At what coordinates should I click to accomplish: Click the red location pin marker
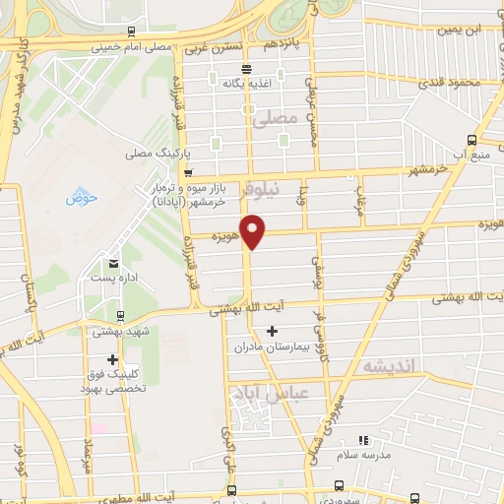pos(254,232)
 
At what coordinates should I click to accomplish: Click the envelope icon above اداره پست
pos(115,263)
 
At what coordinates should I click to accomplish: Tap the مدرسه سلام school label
pos(360,456)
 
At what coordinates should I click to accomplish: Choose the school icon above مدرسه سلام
pos(360,440)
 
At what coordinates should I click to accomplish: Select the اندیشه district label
pos(391,366)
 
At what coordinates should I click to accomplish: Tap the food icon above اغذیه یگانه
pos(246,70)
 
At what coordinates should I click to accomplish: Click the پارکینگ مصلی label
pos(151,155)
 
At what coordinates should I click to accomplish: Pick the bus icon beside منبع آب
pos(472,139)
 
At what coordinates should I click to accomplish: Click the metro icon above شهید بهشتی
pos(119,317)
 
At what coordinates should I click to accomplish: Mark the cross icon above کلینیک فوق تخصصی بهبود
pos(113,359)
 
